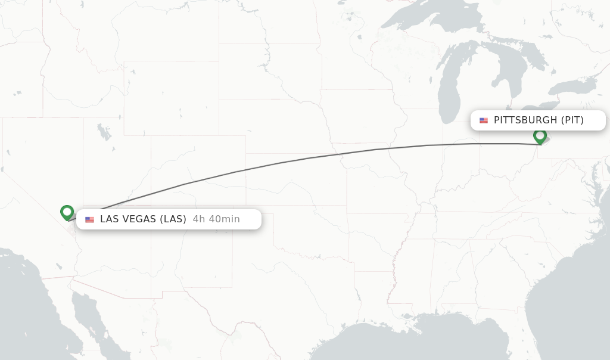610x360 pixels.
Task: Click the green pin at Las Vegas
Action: pyautogui.click(x=67, y=212)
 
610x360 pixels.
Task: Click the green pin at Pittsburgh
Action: pyautogui.click(x=540, y=136)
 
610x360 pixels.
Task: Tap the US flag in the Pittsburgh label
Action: pyautogui.click(x=484, y=120)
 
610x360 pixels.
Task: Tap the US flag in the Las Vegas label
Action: pyautogui.click(x=89, y=219)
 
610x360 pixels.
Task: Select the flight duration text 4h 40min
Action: pyautogui.click(x=216, y=219)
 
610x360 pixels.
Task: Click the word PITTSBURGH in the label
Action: pyautogui.click(x=525, y=120)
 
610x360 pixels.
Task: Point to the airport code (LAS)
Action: pyautogui.click(x=173, y=219)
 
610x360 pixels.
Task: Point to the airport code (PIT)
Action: pyautogui.click(x=572, y=120)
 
